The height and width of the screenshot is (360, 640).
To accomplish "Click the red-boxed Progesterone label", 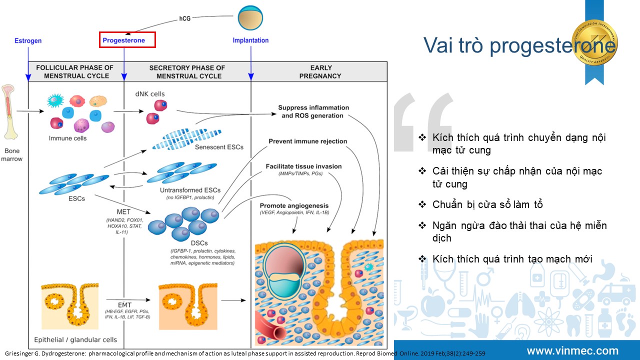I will (x=127, y=40).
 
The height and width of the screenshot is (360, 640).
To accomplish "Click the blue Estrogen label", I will (x=28, y=40).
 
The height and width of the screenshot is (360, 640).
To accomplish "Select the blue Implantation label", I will (x=250, y=40).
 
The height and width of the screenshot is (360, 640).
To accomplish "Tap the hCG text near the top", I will (x=185, y=19).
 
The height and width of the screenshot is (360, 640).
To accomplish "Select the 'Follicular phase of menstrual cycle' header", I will (x=75, y=71).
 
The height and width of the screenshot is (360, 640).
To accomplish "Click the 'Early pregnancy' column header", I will (x=320, y=71).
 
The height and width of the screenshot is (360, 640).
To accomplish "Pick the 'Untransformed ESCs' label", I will (x=190, y=190).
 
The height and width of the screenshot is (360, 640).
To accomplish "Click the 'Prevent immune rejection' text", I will (x=307, y=141).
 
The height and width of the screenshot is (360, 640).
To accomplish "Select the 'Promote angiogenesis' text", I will (x=294, y=205).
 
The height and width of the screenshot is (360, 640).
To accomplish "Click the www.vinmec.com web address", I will (x=572, y=351).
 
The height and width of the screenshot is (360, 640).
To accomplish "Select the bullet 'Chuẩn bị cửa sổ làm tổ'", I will (x=487, y=204).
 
